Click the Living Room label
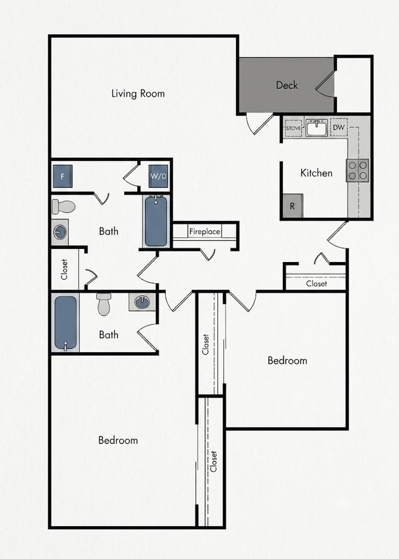(138, 93)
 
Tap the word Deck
(287, 85)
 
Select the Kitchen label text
(316, 173)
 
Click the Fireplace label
(205, 232)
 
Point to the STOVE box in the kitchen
(293, 127)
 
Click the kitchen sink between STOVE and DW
(316, 128)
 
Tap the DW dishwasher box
(339, 127)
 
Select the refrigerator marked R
(292, 206)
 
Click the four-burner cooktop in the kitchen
(357, 170)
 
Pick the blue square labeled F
(63, 176)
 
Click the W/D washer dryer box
(158, 176)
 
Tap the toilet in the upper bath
(63, 206)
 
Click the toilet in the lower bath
(104, 304)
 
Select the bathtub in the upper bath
(156, 221)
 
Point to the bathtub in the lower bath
(66, 322)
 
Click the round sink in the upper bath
(60, 232)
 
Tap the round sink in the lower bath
(142, 302)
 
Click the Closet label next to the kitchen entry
(316, 284)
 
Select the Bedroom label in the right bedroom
(287, 360)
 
